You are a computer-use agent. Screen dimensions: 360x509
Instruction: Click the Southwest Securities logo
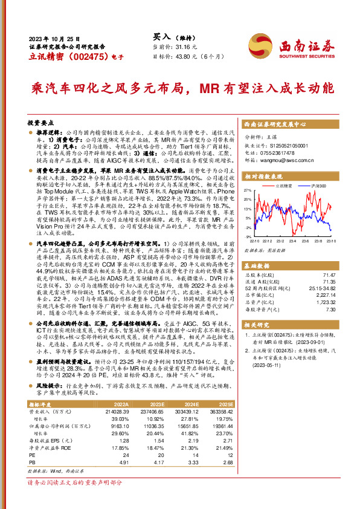(x=306, y=47)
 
